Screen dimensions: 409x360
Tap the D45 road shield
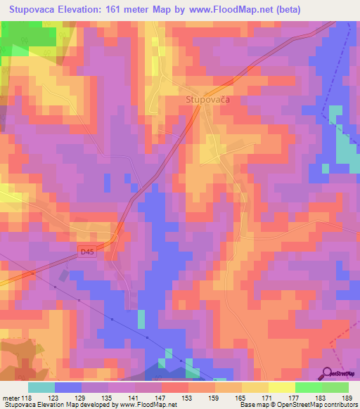pyautogui.click(x=87, y=249)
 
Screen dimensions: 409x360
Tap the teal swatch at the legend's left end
pyautogui.click(x=41, y=387)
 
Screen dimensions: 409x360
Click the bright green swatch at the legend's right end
pyautogui.click(x=335, y=387)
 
